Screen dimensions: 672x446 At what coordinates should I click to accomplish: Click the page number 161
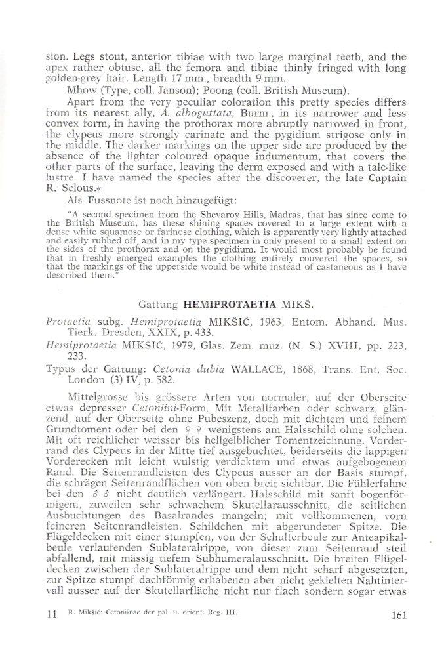click(x=399, y=615)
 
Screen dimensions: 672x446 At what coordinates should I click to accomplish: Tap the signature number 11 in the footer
click(x=54, y=615)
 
